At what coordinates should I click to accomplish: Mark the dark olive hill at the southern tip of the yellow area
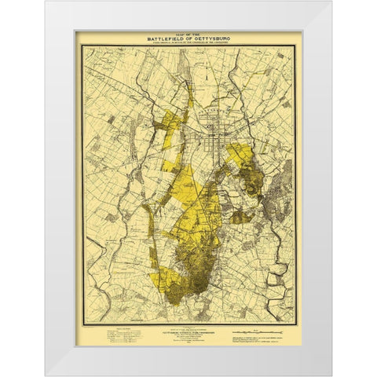(x=200, y=271)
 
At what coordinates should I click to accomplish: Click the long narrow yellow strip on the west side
(x=162, y=236)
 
